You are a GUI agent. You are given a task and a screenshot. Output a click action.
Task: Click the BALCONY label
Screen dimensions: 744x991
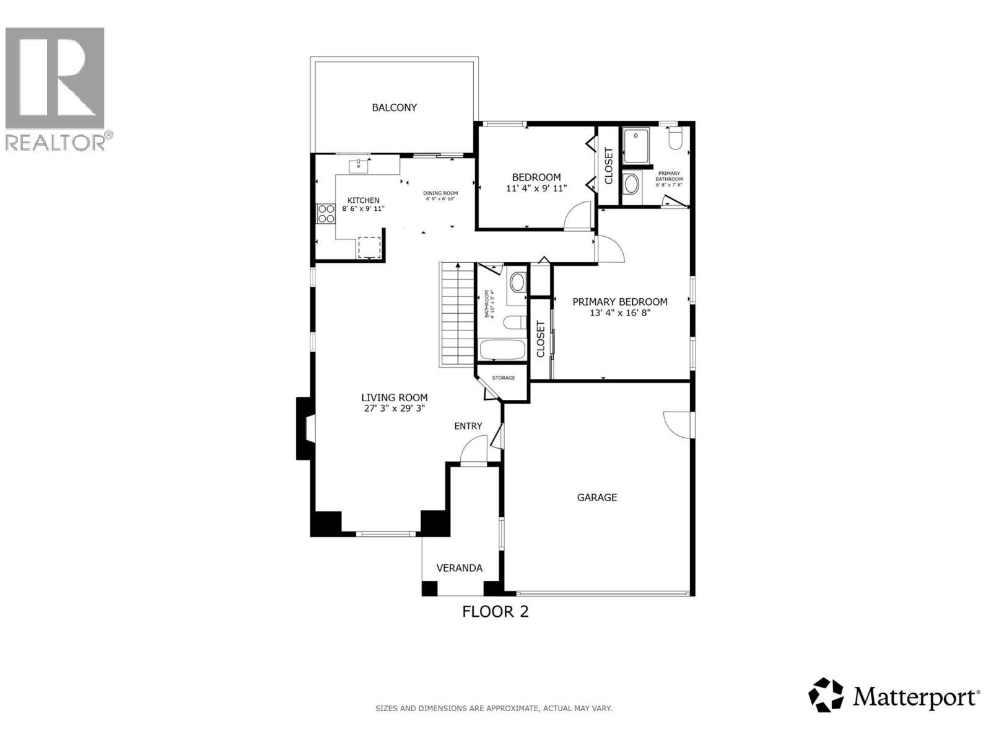click(394, 108)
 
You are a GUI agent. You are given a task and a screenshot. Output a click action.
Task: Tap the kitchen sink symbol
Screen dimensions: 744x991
click(359, 166)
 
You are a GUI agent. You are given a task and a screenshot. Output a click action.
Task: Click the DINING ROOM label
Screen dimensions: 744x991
click(441, 193)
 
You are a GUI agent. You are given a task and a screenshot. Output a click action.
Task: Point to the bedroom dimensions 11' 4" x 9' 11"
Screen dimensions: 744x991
click(536, 188)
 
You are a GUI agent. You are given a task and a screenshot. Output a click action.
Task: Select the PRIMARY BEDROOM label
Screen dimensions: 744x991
click(619, 302)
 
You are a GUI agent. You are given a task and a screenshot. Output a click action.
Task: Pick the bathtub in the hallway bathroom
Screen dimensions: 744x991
click(502, 350)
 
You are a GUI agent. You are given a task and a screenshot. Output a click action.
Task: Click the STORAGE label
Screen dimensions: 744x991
click(503, 378)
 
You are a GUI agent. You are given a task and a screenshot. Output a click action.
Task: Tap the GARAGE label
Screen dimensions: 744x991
click(596, 497)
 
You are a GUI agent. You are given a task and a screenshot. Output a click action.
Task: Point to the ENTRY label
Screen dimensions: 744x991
click(468, 426)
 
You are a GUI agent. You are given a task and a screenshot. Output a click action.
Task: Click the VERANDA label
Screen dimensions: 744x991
click(459, 568)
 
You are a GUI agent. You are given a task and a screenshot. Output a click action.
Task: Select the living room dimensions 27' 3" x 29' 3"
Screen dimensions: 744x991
click(394, 409)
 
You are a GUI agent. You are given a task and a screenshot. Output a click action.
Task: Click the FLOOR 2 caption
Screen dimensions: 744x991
click(495, 612)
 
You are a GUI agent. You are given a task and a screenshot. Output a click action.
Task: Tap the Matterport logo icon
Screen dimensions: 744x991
click(826, 695)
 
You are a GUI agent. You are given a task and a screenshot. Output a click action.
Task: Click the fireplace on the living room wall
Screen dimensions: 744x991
click(305, 428)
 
